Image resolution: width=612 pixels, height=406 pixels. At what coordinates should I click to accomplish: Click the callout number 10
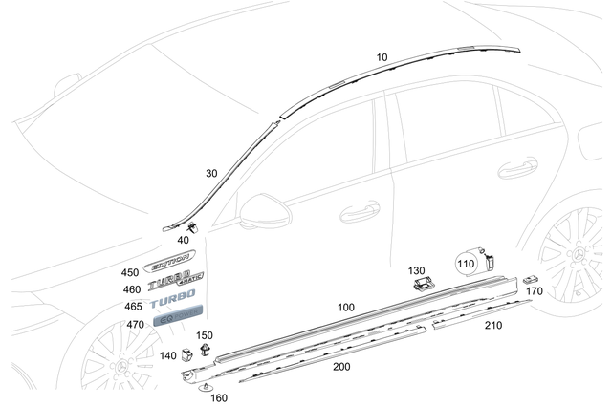tap(382, 57)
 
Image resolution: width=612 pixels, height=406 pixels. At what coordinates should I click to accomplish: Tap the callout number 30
tap(211, 173)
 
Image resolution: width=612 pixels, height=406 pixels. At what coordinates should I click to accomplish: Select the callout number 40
tap(183, 241)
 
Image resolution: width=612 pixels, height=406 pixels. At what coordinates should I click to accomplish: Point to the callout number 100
tap(345, 307)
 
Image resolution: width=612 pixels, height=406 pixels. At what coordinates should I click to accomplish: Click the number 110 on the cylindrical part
tap(466, 263)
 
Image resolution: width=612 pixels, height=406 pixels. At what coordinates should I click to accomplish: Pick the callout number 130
tap(417, 270)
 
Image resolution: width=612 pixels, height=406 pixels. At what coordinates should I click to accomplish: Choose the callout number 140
tap(168, 355)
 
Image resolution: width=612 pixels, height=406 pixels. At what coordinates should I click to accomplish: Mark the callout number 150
tap(205, 335)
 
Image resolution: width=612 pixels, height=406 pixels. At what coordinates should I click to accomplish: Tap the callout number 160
tap(219, 397)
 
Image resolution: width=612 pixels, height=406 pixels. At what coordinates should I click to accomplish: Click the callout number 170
tap(535, 290)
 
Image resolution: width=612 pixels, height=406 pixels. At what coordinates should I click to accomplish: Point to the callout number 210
tap(492, 325)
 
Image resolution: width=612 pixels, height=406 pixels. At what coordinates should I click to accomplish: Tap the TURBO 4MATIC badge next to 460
tap(175, 282)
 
